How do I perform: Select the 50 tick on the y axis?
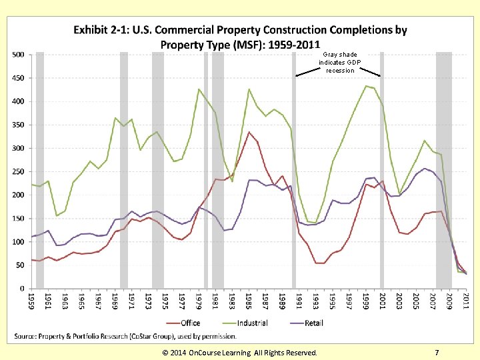(21, 265)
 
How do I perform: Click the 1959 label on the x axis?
(31, 301)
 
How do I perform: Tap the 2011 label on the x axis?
(467, 301)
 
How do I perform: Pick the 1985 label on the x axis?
(249, 301)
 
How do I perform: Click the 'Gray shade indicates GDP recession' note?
(339, 63)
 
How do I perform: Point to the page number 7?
(436, 352)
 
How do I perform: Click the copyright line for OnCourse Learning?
(239, 352)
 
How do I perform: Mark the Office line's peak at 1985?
(249, 132)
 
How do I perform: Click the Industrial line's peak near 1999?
(366, 86)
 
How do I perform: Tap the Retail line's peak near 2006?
(425, 169)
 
